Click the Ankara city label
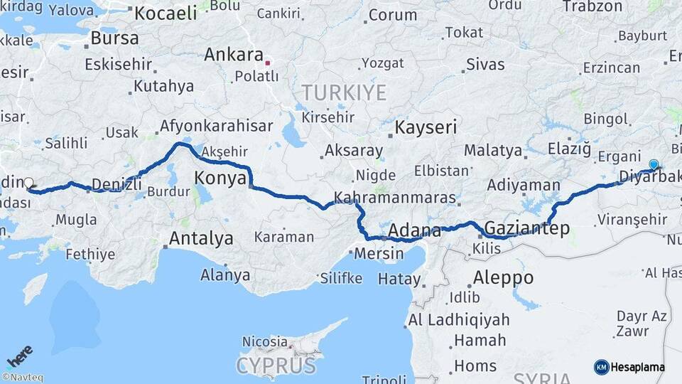pyautogui.click(x=233, y=55)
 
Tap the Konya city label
pyautogui.click(x=220, y=178)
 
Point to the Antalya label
pyautogui.click(x=201, y=238)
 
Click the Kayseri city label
pyautogui.click(x=426, y=127)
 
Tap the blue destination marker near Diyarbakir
pyautogui.click(x=654, y=164)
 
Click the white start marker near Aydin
pyautogui.click(x=29, y=183)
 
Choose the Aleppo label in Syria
pyautogui.click(x=504, y=277)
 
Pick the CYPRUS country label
pyautogui.click(x=276, y=366)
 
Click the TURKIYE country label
pyautogui.click(x=344, y=92)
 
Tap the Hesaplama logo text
pyautogui.click(x=637, y=367)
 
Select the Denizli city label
pyautogui.click(x=117, y=185)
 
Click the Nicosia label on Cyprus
pyautogui.click(x=264, y=342)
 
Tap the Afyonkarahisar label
pyautogui.click(x=216, y=126)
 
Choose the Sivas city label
pyautogui.click(x=485, y=65)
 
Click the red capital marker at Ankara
pyautogui.click(x=268, y=63)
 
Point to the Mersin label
pyautogui.click(x=379, y=253)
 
